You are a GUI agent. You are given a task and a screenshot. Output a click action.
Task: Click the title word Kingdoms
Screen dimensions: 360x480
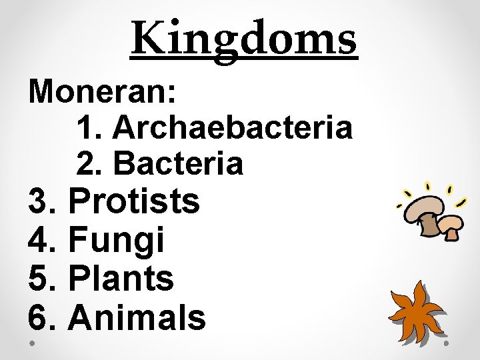click(244, 38)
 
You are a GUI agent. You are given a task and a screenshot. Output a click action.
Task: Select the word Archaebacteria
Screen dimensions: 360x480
click(233, 127)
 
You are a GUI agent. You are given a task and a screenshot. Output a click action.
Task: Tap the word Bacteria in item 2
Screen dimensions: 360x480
click(179, 163)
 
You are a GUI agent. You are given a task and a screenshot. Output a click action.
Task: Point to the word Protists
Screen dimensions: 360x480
click(134, 201)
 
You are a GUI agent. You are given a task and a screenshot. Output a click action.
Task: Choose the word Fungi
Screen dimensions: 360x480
click(116, 240)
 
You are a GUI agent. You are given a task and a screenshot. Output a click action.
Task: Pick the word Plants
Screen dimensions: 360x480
click(121, 279)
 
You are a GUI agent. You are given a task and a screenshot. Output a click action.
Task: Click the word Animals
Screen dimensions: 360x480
click(137, 317)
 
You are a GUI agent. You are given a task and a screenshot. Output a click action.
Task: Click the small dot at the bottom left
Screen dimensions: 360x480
click(33, 343)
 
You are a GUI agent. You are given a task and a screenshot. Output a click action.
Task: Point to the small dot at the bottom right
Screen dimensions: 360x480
click(447, 343)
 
